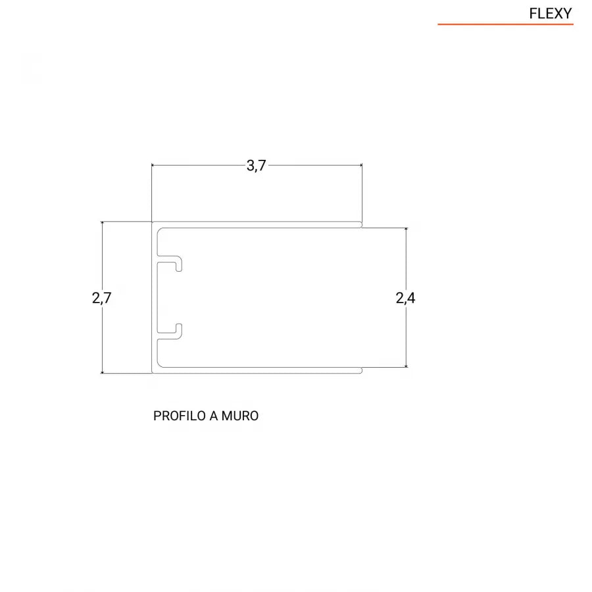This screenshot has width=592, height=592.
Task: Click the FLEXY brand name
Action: pyautogui.click(x=551, y=13)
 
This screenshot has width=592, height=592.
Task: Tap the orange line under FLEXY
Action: pyautogui.click(x=505, y=24)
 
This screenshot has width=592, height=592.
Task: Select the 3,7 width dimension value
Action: pyautogui.click(x=256, y=166)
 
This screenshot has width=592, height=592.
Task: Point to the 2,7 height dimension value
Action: pyautogui.click(x=102, y=298)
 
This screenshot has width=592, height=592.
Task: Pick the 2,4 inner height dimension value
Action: pyautogui.click(x=405, y=298)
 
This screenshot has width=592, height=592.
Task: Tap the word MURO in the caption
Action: pyautogui.click(x=240, y=416)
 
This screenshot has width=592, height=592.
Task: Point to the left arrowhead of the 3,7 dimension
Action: pyautogui.click(x=154, y=164)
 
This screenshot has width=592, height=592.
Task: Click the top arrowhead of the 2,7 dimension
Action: pyautogui.click(x=102, y=224)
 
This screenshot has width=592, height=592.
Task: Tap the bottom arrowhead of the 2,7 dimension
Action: pyautogui.click(x=102, y=372)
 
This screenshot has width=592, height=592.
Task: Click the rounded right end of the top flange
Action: pyautogui.click(x=360, y=225)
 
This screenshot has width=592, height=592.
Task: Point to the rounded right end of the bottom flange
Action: pyautogui.click(x=360, y=370)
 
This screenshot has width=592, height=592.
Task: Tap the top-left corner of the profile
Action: pyautogui.click(x=153, y=223)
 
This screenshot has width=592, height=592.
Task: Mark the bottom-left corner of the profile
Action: pyautogui.click(x=153, y=372)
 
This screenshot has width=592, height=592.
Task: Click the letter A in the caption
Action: pyautogui.click(x=214, y=416)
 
